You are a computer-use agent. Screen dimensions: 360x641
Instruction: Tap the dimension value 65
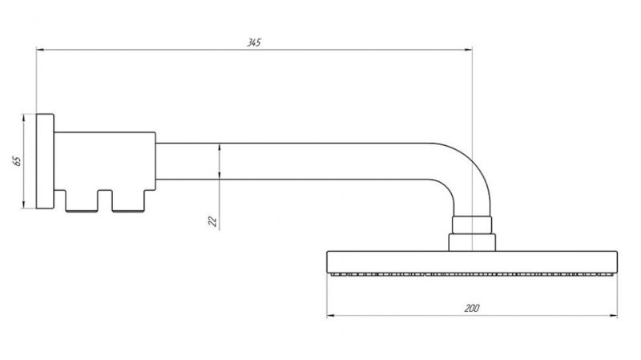(17, 161)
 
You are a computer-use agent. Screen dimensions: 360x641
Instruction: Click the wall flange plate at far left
(45, 162)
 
